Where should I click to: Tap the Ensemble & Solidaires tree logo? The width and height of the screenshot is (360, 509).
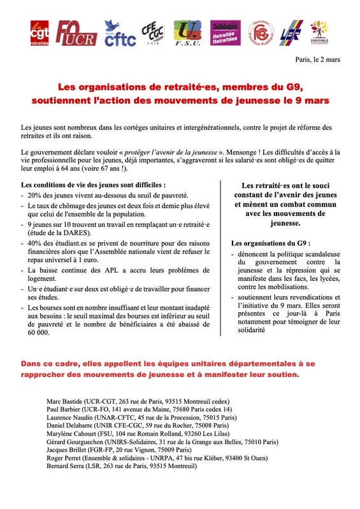click(x=319, y=33)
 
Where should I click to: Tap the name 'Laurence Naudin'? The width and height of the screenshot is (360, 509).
click(x=69, y=417)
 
